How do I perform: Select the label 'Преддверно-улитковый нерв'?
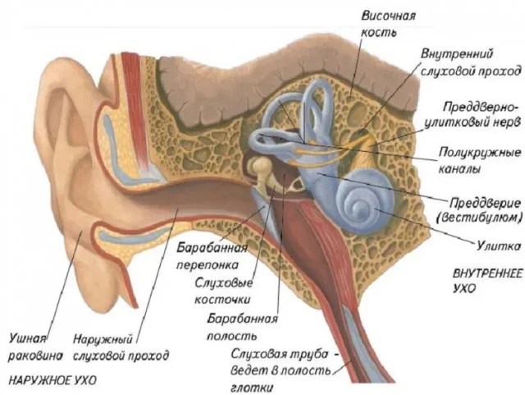tap(480, 116)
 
